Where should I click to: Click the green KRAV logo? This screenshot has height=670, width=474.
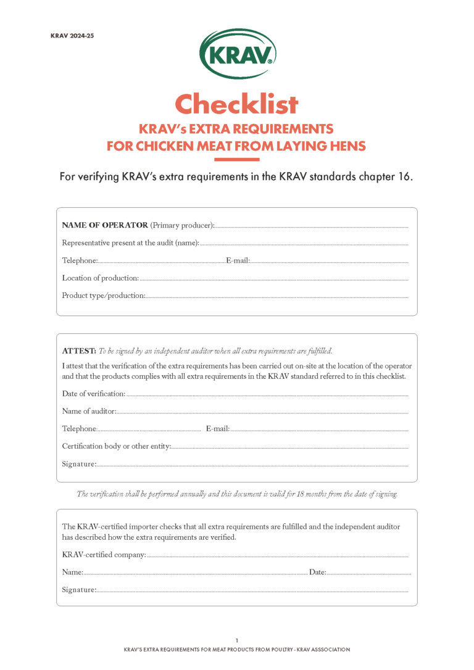[x=237, y=54]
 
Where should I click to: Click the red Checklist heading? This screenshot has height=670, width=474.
[x=236, y=104]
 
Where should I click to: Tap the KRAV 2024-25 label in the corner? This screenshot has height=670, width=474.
[x=72, y=36]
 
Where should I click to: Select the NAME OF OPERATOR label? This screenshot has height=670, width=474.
[x=105, y=225]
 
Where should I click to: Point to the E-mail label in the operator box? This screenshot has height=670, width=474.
[x=238, y=261]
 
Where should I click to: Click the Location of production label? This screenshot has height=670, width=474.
[x=100, y=278]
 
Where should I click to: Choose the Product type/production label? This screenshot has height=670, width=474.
[x=103, y=296]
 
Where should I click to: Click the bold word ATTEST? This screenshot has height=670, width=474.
[x=78, y=351]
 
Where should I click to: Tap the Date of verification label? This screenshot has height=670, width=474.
[x=93, y=394]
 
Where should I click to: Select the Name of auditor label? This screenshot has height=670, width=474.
[x=89, y=412]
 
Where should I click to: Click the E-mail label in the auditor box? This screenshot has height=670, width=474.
[x=217, y=429]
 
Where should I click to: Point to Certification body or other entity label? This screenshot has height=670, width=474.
[x=116, y=446]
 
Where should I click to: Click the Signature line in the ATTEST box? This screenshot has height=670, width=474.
[x=253, y=465]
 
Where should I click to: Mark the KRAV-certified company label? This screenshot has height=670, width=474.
[x=104, y=555]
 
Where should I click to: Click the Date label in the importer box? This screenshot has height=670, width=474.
[x=317, y=573]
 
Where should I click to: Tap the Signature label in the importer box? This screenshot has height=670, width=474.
[x=79, y=590]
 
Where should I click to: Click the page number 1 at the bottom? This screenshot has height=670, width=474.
[x=237, y=640]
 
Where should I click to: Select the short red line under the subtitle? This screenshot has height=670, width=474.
[x=236, y=160]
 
